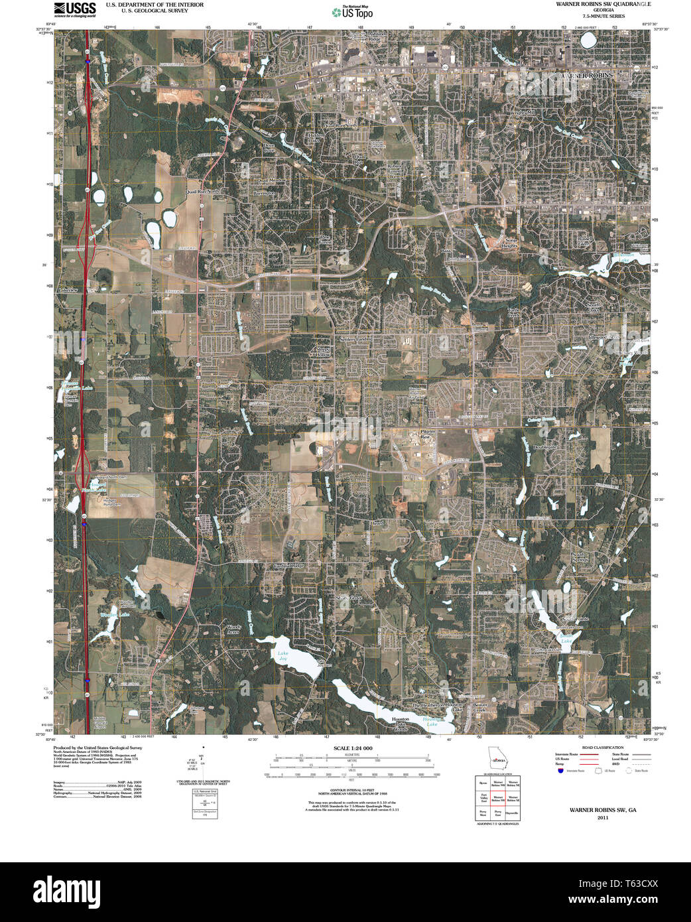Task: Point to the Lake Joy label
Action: point(283,656)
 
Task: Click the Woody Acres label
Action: point(233,629)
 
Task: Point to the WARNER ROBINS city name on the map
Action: point(586,76)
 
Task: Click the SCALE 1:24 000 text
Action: point(353,748)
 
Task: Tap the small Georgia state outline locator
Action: point(495,757)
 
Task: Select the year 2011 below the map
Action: point(602,818)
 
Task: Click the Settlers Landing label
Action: point(356,339)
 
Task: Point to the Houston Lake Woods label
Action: point(401,724)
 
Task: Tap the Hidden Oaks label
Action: point(314,137)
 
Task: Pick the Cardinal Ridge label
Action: point(288,566)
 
